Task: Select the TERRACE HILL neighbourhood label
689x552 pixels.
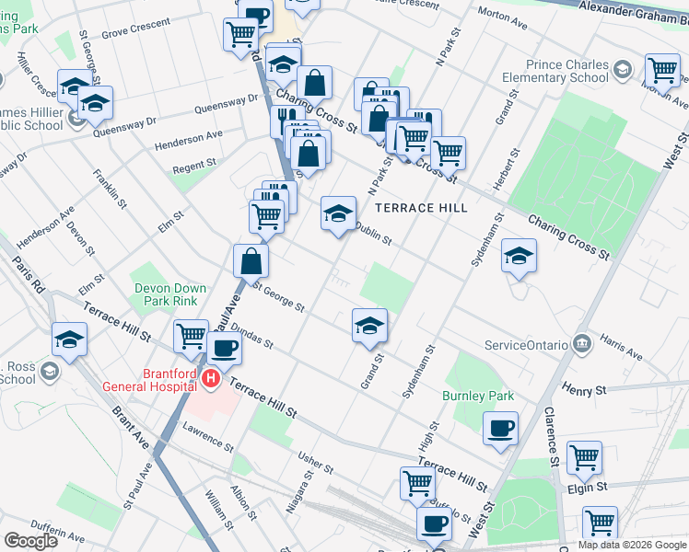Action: (x=420, y=208)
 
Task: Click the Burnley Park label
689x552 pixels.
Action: (x=477, y=397)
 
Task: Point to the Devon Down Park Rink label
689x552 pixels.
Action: (x=167, y=293)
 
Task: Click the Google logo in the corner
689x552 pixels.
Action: (x=30, y=541)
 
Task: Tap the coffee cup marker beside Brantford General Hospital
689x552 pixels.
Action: (x=224, y=348)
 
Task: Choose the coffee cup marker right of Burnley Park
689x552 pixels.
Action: (x=500, y=428)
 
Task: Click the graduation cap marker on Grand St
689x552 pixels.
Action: (x=369, y=325)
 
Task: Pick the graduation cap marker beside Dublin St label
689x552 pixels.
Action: (x=338, y=213)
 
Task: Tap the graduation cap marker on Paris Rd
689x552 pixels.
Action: (x=70, y=339)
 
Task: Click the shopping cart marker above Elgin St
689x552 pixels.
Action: (x=584, y=457)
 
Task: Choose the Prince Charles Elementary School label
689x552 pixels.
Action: (x=567, y=72)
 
